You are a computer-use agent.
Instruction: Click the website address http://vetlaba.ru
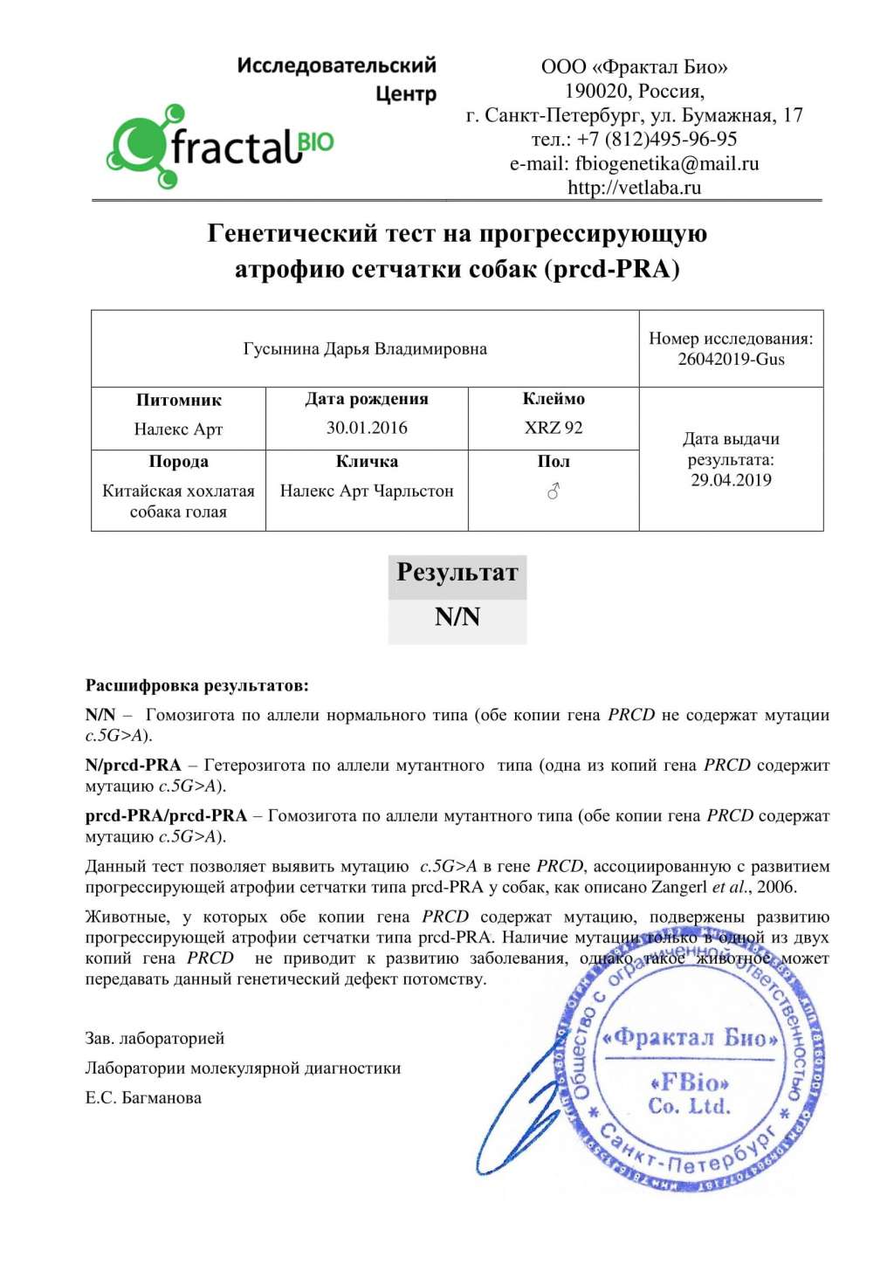[634, 188]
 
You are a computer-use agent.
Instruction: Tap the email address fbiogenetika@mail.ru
[666, 163]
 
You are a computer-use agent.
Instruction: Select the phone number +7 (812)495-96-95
[657, 139]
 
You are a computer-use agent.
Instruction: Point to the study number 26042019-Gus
[731, 360]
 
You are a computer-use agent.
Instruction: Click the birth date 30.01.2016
[367, 428]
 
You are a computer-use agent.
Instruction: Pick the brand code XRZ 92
[554, 428]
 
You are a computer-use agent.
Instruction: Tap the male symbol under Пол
[554, 492]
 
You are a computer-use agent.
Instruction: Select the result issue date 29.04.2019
[731, 480]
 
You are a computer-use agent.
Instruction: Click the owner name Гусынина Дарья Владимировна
[365, 349]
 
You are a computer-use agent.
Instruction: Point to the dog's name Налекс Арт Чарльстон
[367, 491]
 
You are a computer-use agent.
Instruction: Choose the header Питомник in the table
[179, 401]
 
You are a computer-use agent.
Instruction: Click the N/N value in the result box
[457, 617]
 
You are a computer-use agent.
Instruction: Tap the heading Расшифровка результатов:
[197, 686]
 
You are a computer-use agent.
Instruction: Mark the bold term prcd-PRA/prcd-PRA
[166, 816]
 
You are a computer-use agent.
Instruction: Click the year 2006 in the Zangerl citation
[776, 888]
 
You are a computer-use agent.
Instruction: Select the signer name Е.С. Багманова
[143, 1098]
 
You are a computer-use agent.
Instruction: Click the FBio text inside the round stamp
[690, 1083]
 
